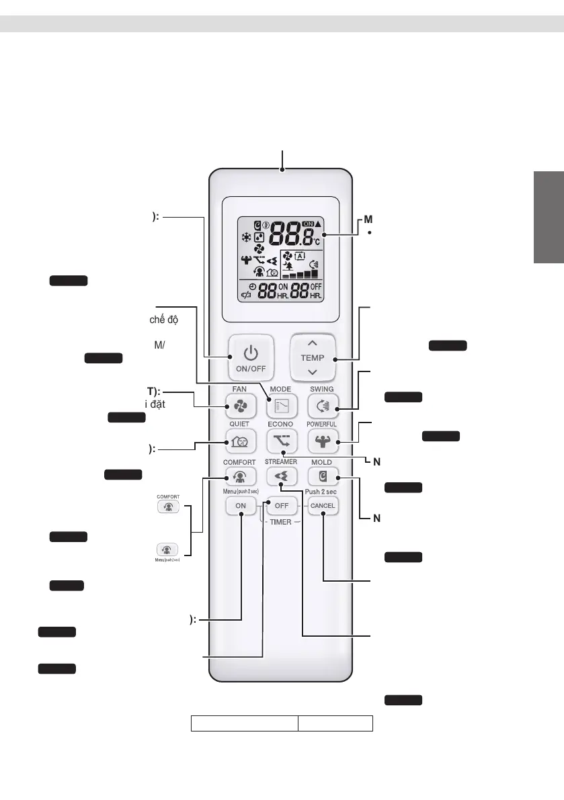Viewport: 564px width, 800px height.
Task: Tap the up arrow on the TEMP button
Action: [x=312, y=343]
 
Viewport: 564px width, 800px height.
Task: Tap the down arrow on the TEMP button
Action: [x=312, y=371]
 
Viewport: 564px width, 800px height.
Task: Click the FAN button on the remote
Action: [x=241, y=406]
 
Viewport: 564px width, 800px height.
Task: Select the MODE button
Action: [x=280, y=406]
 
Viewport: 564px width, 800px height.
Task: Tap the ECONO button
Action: [x=280, y=441]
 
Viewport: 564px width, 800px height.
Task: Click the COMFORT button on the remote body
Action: [x=241, y=476]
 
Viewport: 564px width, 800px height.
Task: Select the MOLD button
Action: [x=322, y=476]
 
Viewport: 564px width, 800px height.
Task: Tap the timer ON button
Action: [x=241, y=506]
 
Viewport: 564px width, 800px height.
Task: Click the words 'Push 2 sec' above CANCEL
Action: [x=322, y=491]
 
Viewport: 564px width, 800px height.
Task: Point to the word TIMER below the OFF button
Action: [x=280, y=522]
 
